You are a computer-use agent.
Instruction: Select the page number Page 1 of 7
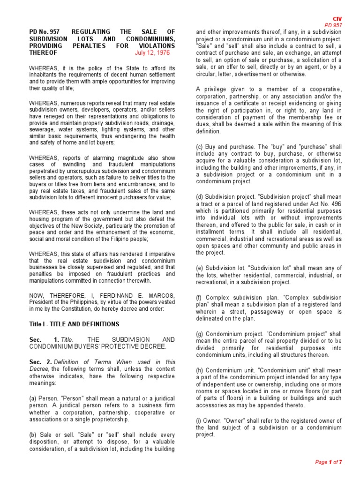coord(328,462)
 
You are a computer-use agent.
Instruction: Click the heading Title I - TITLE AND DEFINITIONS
coord(74,324)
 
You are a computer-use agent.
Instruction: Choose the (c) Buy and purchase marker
coord(199,146)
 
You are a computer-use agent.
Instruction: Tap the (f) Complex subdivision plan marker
coord(199,297)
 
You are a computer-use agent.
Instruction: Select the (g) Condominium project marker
coord(199,334)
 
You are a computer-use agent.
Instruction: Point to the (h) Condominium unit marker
coord(199,370)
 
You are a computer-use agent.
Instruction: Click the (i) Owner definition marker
coord(199,420)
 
